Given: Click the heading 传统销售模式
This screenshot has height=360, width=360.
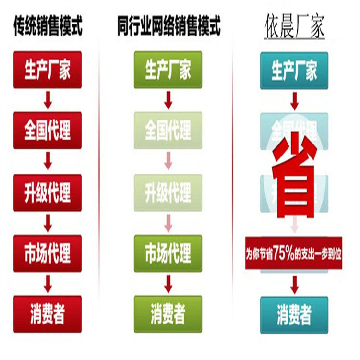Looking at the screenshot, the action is click(x=47, y=27).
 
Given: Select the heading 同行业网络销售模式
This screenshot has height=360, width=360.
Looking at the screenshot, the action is click(x=168, y=27).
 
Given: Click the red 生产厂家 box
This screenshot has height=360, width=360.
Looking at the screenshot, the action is click(x=47, y=70).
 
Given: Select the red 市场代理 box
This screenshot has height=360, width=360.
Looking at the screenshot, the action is click(x=47, y=252).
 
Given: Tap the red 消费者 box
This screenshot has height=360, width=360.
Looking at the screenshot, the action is click(x=47, y=314).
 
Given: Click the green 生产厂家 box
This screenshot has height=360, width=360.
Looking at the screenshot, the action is click(x=168, y=70).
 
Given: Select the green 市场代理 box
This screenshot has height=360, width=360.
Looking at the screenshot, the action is click(x=168, y=252).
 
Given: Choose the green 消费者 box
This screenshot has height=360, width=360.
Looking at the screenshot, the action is click(x=168, y=314).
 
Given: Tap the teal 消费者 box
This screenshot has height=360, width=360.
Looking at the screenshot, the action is click(x=294, y=315).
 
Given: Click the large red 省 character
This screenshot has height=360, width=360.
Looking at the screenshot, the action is click(x=294, y=180).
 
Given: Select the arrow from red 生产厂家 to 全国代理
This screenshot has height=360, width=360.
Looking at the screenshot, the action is click(x=48, y=100).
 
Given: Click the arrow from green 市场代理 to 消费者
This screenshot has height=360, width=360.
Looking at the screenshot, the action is click(x=168, y=283).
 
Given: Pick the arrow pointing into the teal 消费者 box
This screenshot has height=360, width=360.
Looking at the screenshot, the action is click(x=294, y=285).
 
